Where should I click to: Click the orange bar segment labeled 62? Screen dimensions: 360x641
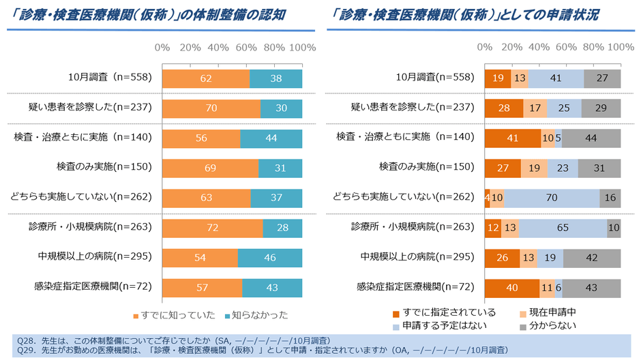(x=205, y=78)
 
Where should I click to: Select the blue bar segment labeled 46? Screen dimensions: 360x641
(x=269, y=258)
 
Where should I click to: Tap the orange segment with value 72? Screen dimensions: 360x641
(x=212, y=228)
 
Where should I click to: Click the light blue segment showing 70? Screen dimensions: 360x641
(x=552, y=198)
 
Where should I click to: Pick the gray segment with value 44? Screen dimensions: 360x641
(x=591, y=138)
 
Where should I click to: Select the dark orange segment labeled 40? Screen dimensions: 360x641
(x=511, y=288)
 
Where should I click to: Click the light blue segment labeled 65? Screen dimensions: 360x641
(x=563, y=228)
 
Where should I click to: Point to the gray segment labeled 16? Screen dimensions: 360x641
(x=610, y=198)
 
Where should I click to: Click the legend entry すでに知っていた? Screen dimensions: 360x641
(x=174, y=315)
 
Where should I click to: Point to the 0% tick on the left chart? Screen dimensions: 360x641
(x=162, y=48)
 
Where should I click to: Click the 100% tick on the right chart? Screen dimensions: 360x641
(x=620, y=48)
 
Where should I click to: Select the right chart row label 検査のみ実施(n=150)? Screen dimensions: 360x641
(x=426, y=168)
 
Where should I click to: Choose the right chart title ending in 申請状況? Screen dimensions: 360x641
(x=463, y=14)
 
